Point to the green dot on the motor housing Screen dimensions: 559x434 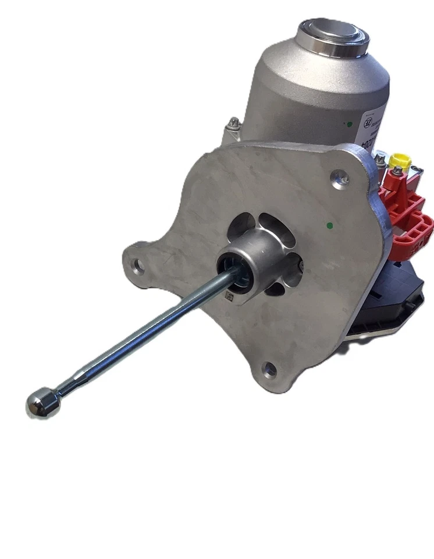(x=346, y=123)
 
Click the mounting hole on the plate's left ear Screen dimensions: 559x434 (x=138, y=267)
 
